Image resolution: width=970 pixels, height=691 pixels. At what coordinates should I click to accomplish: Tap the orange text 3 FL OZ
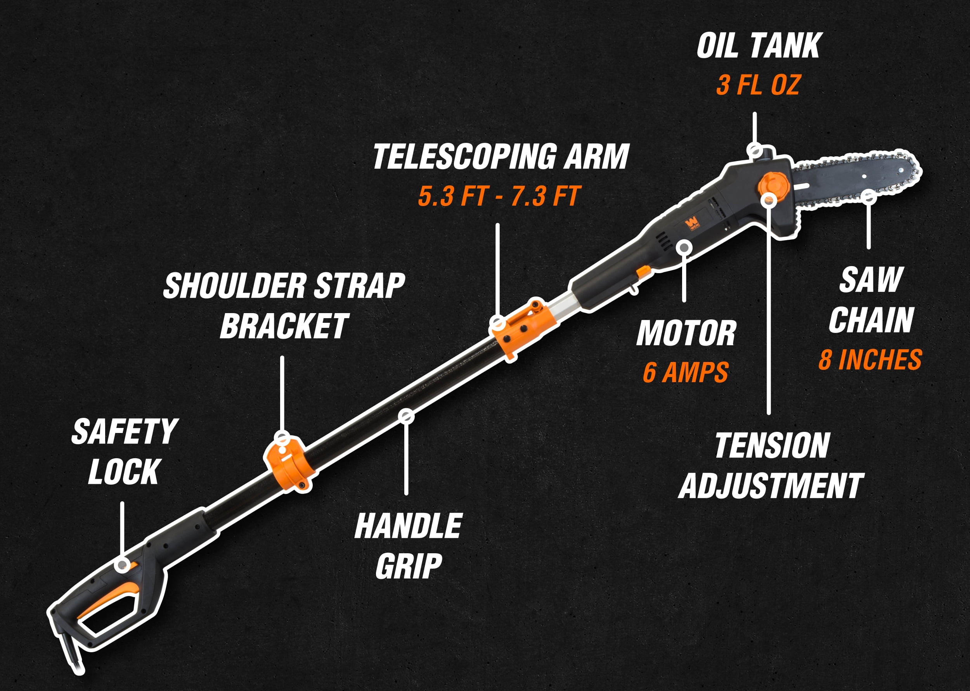pyautogui.click(x=758, y=85)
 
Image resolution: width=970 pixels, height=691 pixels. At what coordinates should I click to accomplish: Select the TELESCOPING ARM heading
pyautogui.click(x=501, y=157)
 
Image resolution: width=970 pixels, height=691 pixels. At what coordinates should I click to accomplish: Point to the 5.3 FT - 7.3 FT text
pyautogui.click(x=499, y=196)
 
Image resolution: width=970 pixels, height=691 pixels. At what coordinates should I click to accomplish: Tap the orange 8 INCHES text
pyautogui.click(x=870, y=360)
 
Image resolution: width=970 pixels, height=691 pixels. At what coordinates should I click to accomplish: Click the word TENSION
pyautogui.click(x=772, y=446)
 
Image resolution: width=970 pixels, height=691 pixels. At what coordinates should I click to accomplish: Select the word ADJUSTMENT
pyautogui.click(x=771, y=486)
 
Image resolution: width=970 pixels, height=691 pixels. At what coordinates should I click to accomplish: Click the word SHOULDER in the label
pyautogui.click(x=235, y=286)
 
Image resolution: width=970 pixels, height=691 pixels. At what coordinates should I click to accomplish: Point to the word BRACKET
pyautogui.click(x=284, y=326)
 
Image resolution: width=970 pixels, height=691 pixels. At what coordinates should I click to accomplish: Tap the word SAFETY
pyautogui.click(x=125, y=431)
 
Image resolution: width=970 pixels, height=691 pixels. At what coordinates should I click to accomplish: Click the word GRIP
pyautogui.click(x=409, y=566)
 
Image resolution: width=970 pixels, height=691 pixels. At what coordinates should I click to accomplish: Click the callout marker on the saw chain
pyautogui.click(x=868, y=197)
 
